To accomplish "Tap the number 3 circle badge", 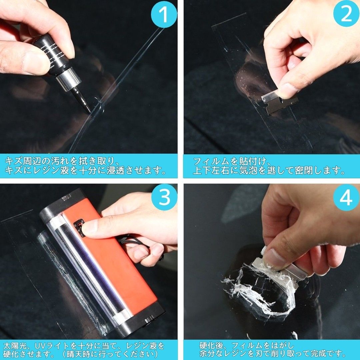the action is pos(164,197).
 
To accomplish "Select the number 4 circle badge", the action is pos(346,197).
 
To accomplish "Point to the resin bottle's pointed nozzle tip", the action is pos(90,112).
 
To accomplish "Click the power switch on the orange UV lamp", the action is pos(79,228).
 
